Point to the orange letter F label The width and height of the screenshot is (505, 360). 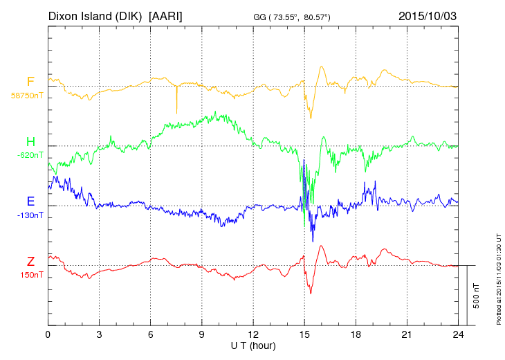click(x=30, y=82)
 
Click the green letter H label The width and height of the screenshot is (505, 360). click(x=30, y=142)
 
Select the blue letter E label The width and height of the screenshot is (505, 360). click(x=30, y=201)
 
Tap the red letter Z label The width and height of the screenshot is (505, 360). click(x=30, y=261)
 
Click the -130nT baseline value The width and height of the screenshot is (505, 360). click(x=30, y=215)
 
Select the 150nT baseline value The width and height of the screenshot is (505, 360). click(x=31, y=275)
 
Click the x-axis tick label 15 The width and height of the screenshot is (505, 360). click(x=304, y=334)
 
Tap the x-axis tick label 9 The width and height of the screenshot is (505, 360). click(x=201, y=334)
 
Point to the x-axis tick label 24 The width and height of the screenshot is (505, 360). click(x=458, y=334)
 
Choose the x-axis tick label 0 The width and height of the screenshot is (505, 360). click(x=48, y=334)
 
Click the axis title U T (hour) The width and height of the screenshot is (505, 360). click(x=253, y=345)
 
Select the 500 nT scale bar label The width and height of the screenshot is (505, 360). click(x=477, y=296)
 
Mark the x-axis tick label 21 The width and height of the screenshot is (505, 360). click(x=407, y=334)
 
